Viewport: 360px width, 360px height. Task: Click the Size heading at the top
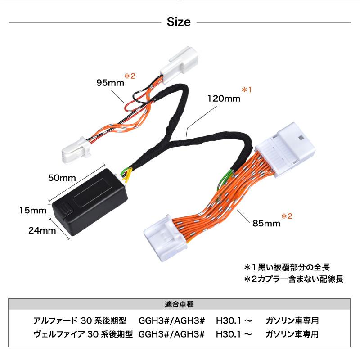[x=179, y=22]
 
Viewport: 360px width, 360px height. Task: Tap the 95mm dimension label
[x=110, y=83]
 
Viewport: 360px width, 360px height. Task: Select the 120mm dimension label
[x=224, y=99]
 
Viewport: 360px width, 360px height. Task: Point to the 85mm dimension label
[x=266, y=223]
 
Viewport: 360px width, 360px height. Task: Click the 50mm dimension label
[x=62, y=178]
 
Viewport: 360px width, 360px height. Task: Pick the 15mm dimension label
[x=33, y=210]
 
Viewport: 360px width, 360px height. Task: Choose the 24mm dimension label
[x=42, y=230]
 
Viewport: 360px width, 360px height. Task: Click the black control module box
[x=90, y=202]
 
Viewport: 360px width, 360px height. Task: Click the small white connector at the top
[x=179, y=64]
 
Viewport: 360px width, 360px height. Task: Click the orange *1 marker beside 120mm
[x=247, y=90]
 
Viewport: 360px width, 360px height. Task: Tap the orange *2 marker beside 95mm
[x=130, y=76]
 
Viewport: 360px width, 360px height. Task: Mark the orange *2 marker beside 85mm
[x=287, y=216]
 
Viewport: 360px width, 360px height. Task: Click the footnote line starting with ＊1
[x=287, y=267]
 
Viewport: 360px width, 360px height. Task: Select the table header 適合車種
[x=179, y=304]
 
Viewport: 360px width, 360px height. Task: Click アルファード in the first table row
[x=56, y=320]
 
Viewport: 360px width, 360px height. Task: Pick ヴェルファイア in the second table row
[x=59, y=334]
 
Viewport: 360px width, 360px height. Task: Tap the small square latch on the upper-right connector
[x=301, y=138]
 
